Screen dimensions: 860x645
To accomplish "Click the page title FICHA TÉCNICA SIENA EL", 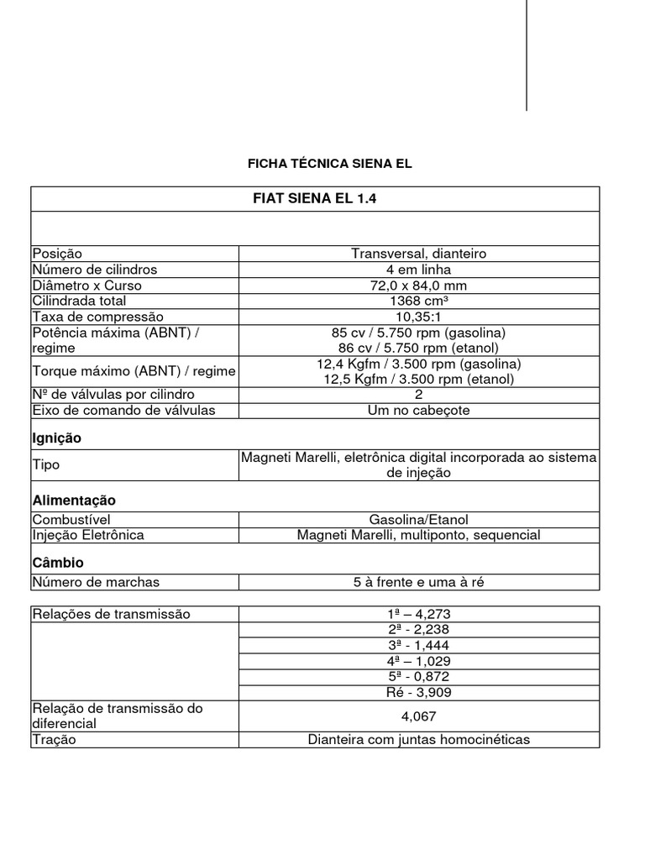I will point(328,163).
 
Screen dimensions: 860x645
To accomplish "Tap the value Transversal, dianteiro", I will point(418,254).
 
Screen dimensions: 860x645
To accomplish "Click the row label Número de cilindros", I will point(94,270).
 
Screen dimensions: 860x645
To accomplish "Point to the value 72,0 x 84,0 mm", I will point(418,286).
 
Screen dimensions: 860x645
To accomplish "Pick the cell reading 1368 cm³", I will point(418,301).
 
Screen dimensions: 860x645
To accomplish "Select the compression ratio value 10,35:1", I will point(418,317).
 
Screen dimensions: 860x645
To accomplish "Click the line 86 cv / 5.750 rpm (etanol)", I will point(418,348).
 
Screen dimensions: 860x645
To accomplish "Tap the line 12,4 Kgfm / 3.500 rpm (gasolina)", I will point(418,364).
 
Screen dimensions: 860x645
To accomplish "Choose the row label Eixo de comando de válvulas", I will point(123,411).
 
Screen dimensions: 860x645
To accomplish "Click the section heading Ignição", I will point(56,438).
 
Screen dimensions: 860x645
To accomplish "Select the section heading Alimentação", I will point(73,501).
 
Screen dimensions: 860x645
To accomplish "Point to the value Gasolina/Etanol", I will point(418,520).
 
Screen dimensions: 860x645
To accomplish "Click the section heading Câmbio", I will point(58,563).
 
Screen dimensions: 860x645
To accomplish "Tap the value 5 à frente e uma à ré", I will point(418,582).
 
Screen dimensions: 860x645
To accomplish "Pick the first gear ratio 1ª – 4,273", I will point(418,614).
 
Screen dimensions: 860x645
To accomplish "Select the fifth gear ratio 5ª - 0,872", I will point(418,677).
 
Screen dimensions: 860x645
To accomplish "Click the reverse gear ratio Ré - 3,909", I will point(418,693).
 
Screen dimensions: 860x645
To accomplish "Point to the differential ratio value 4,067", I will point(418,716).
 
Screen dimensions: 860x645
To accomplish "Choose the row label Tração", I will point(54,740).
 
